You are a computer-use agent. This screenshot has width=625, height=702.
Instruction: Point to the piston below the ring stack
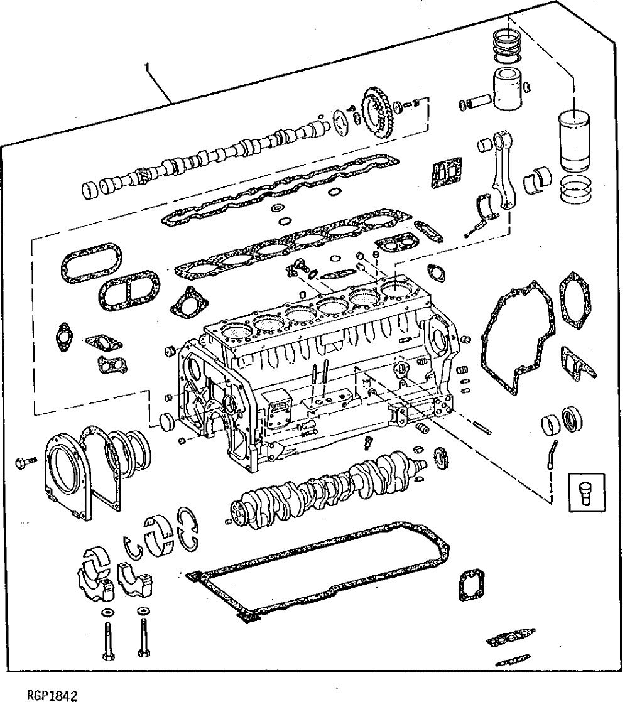coord(509,89)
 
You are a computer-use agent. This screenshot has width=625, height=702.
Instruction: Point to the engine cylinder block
coord(314,377)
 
